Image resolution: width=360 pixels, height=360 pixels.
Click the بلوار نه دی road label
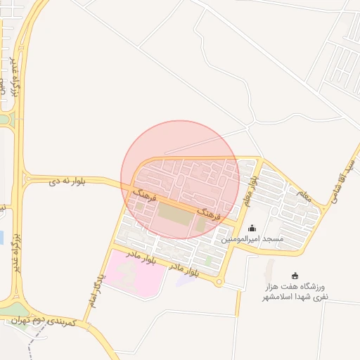coord(67,181)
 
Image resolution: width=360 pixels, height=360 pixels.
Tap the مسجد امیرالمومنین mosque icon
coord(252,228)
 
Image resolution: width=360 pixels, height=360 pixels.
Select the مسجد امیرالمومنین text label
coord(252,239)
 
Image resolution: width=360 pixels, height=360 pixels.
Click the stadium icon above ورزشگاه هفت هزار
coord(295,276)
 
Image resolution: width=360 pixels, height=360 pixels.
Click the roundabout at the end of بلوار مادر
coord(219,282)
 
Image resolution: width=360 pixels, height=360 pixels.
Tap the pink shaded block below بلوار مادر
coord(134,273)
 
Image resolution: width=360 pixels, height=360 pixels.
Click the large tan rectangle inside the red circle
coord(173,214)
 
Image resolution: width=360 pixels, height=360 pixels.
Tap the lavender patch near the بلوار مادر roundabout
coord(186,278)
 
